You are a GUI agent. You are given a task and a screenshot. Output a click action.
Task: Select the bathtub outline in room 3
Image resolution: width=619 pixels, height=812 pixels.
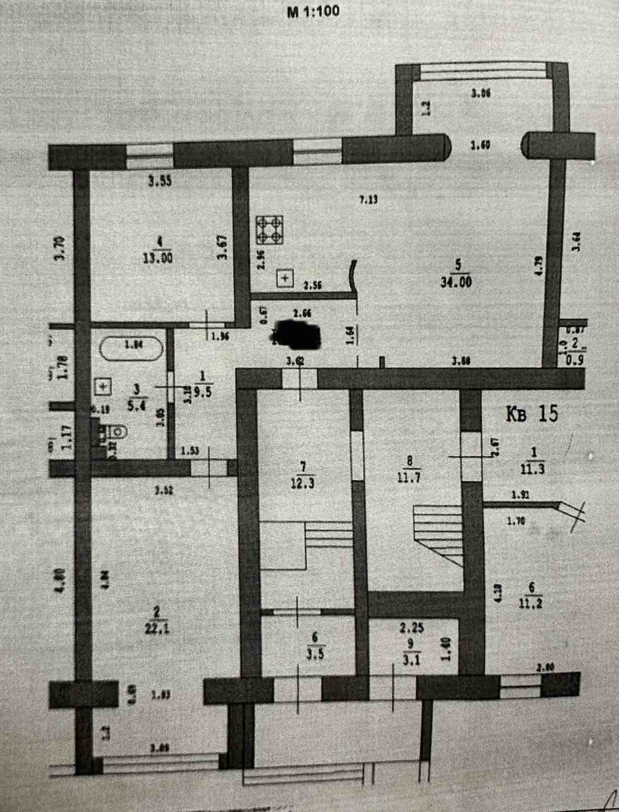tap(131, 348)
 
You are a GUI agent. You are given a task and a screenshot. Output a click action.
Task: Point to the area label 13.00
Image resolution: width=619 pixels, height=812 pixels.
tap(158, 258)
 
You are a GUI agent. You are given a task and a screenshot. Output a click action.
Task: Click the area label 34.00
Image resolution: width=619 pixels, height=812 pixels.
tap(456, 281)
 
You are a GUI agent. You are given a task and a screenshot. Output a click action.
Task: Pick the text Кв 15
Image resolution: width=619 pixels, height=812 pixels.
tap(532, 414)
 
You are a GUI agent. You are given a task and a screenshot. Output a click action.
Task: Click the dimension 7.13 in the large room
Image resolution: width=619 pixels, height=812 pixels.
tap(369, 199)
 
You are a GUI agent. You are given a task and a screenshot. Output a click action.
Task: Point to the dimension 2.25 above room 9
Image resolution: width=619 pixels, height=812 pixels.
tap(411, 629)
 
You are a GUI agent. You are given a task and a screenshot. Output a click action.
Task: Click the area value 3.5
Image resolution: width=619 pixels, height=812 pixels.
tap(314, 654)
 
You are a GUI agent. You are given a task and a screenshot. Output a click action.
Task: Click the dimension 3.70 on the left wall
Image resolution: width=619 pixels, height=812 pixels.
tap(60, 248)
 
